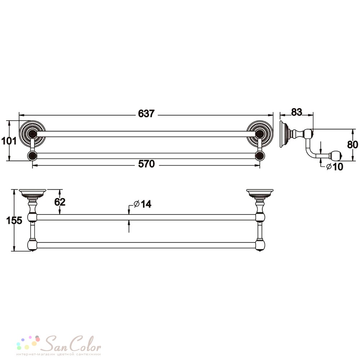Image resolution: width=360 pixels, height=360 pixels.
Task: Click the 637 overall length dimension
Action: [x=146, y=114]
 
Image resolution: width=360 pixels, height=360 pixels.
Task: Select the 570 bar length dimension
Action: [x=147, y=164]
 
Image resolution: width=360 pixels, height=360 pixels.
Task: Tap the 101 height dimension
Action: [x=9, y=140]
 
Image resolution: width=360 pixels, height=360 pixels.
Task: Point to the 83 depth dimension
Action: [x=296, y=112]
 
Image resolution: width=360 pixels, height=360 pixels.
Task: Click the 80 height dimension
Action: [x=353, y=145]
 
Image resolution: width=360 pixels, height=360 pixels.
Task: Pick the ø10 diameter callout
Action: [x=335, y=166]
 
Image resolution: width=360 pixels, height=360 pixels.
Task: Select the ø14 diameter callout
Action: [x=142, y=204]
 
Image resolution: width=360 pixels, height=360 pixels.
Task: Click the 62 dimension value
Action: [x=60, y=202]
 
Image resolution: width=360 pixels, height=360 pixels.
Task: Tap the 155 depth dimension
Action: [x=14, y=220]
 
